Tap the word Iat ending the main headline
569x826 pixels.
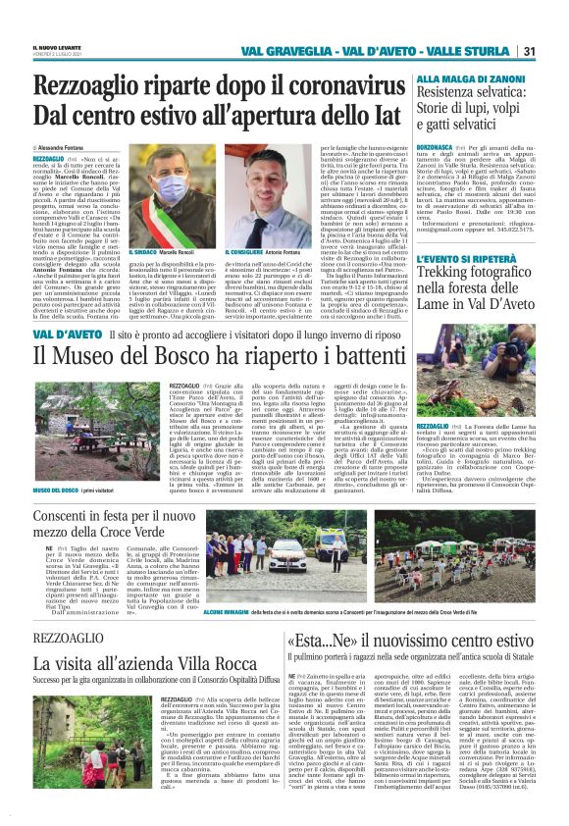click(x=386, y=122)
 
